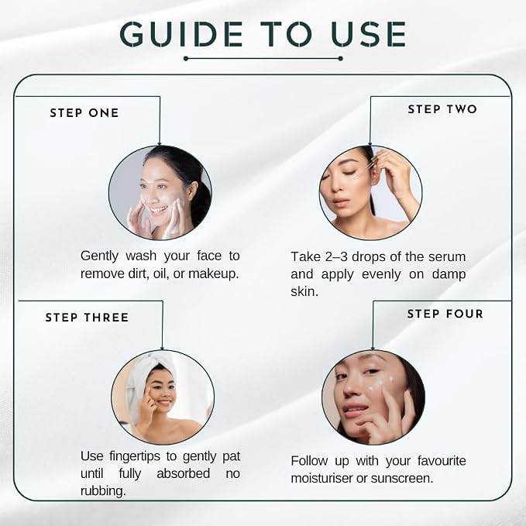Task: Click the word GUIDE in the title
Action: (x=181, y=34)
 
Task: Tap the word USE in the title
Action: (x=368, y=34)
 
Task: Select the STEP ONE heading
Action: (x=84, y=113)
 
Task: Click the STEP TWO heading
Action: (x=442, y=109)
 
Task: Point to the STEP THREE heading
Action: (x=87, y=318)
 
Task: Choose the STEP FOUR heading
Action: (x=445, y=314)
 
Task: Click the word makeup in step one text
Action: (x=213, y=273)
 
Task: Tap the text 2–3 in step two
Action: (x=336, y=256)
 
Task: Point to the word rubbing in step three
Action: (x=103, y=491)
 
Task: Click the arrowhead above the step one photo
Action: (x=160, y=143)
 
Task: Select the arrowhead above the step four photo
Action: (x=373, y=348)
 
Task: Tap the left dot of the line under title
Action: (x=186, y=59)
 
